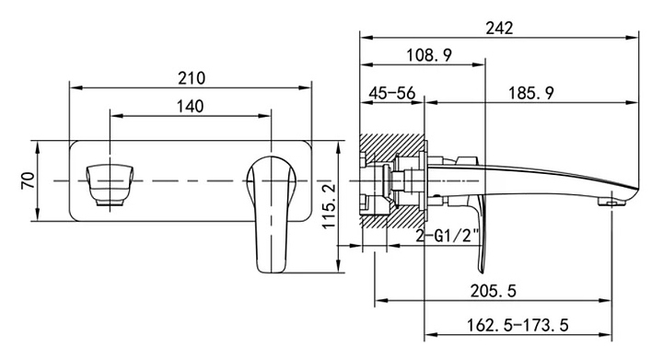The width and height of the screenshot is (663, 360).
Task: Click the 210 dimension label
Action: pyautogui.click(x=192, y=78)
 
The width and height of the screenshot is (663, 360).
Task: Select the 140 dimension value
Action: pyautogui.click(x=190, y=106)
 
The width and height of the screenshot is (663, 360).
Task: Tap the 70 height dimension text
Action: pyautogui.click(x=28, y=180)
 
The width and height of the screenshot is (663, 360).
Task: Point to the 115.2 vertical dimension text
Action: pyautogui.click(x=329, y=205)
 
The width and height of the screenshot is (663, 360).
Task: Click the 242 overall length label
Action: pyautogui.click(x=499, y=29)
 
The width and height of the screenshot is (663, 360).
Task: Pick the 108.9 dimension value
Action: pyautogui.click(x=429, y=55)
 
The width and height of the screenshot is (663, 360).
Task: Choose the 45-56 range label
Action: pyautogui.click(x=392, y=93)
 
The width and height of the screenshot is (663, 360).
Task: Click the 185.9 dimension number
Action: pyautogui.click(x=530, y=93)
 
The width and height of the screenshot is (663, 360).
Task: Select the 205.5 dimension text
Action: pyautogui.click(x=494, y=291)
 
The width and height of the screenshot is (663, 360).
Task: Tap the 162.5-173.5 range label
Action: pyautogui.click(x=518, y=325)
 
